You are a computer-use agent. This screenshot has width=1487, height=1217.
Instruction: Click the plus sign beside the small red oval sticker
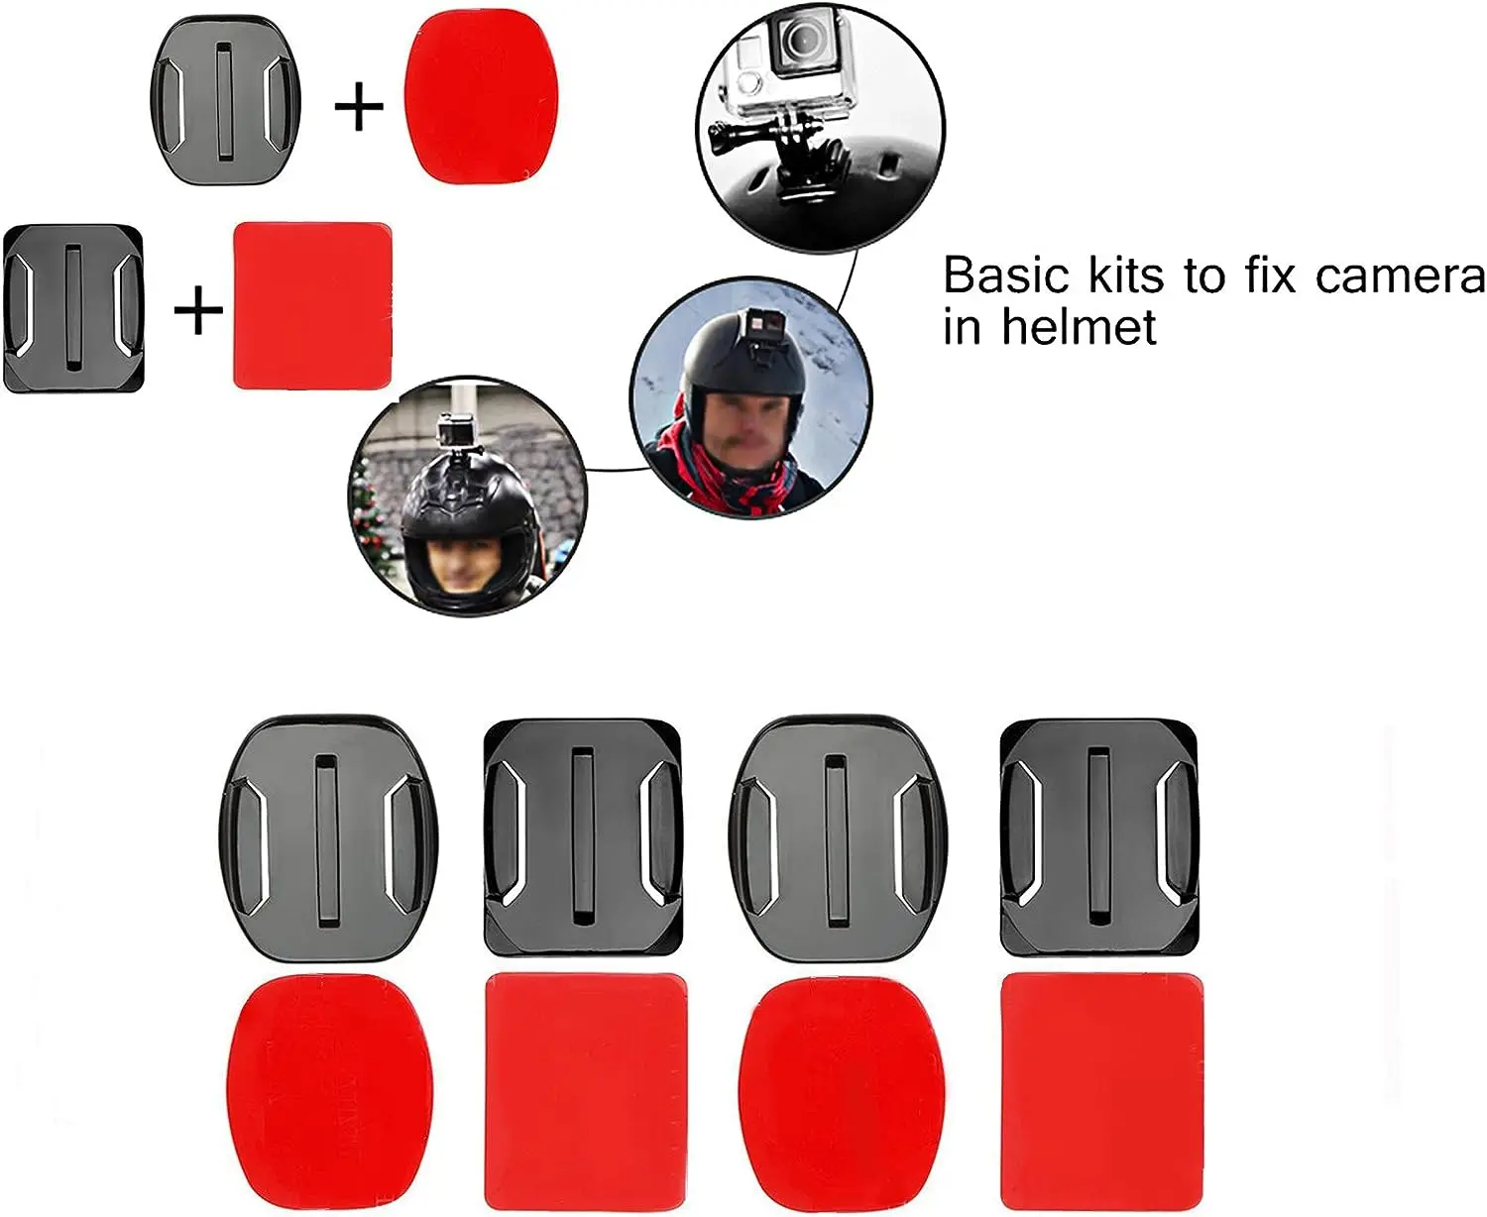[x=359, y=106]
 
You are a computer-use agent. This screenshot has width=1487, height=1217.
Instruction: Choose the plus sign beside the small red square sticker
[x=198, y=311]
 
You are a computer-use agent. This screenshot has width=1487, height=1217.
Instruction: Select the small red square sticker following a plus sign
[x=312, y=305]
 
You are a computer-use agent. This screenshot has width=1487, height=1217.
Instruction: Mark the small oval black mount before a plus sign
[x=226, y=105]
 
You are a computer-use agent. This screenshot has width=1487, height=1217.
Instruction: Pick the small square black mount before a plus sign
[x=74, y=307]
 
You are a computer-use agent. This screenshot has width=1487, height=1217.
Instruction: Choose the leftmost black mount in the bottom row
[x=327, y=837]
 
